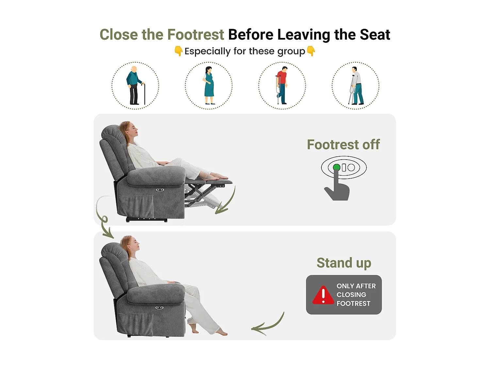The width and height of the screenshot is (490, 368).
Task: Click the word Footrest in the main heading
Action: pos(196,35)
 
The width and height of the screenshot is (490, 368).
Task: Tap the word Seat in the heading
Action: pos(375,35)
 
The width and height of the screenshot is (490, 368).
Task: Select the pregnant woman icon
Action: pos(209,85)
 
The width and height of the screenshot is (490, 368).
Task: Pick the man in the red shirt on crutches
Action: pos(282,85)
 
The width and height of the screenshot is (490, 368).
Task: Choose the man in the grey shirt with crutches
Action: pos(356,86)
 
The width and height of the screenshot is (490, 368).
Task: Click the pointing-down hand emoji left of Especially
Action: pos(179,51)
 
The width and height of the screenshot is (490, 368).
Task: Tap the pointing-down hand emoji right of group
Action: pos(311,51)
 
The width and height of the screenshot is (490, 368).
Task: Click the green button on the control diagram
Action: pos(336,167)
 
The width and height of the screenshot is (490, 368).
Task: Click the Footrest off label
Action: pos(343,145)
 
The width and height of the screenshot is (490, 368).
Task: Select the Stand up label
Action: pos(344,263)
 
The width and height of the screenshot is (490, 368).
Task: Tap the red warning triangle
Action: pos(323,295)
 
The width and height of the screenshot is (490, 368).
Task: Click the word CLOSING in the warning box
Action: pos(351,295)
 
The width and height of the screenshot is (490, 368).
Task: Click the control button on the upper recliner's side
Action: pos(160,190)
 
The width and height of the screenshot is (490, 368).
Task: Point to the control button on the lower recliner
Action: pos(159,308)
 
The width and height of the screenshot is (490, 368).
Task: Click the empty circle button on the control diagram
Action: pos(351,167)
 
